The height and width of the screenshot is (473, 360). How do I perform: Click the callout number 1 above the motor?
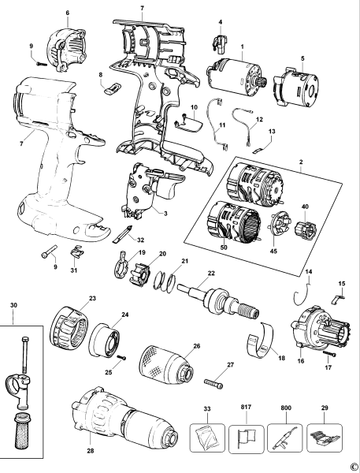242,48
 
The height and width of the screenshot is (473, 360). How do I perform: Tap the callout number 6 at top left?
67,13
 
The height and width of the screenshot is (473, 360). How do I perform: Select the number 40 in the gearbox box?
305,207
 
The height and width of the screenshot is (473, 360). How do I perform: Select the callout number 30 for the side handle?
13,306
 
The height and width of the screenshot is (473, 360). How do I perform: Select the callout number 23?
92,299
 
